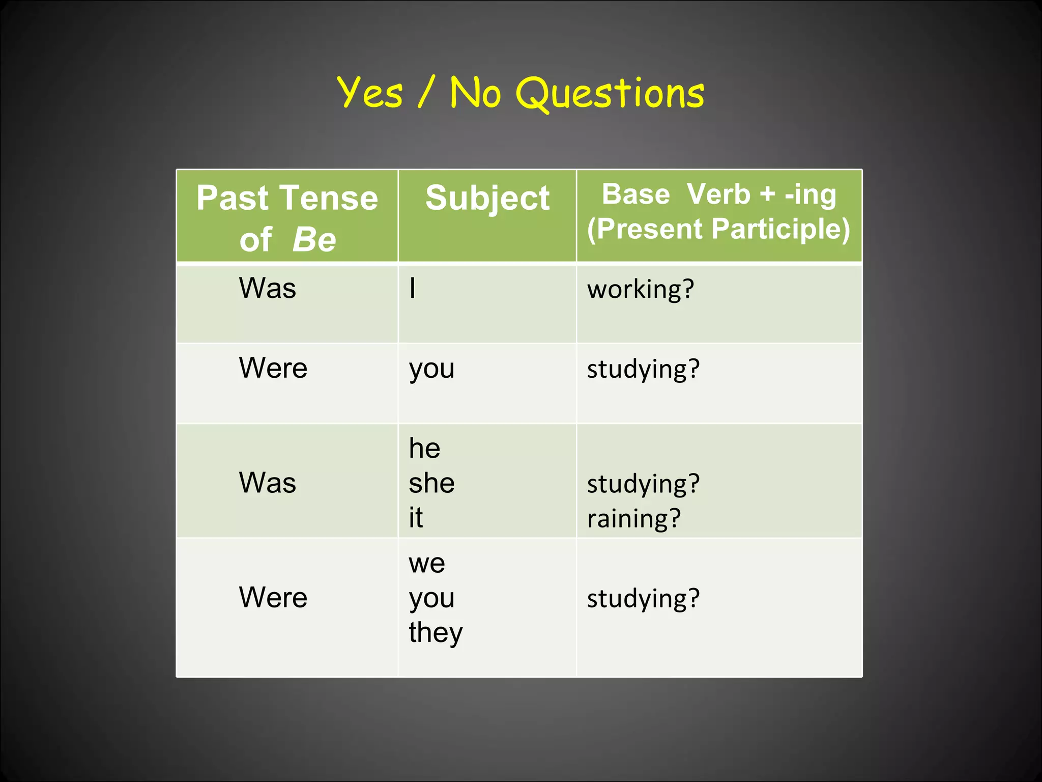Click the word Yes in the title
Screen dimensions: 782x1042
370,93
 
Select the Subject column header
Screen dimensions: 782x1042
487,198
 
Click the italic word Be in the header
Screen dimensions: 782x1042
314,239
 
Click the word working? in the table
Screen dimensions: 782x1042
641,289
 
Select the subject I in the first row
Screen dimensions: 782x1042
413,288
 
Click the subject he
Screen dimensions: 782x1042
424,449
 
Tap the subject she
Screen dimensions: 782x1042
431,483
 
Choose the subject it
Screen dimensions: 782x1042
416,518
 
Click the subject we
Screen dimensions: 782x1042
427,563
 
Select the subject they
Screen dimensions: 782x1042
436,633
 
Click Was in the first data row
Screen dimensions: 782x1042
268,288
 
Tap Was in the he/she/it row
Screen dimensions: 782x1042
268,483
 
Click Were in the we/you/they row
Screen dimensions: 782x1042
273,598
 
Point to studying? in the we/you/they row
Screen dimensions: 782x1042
643,599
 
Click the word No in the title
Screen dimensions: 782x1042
475,93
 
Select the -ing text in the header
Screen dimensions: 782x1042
811,195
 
